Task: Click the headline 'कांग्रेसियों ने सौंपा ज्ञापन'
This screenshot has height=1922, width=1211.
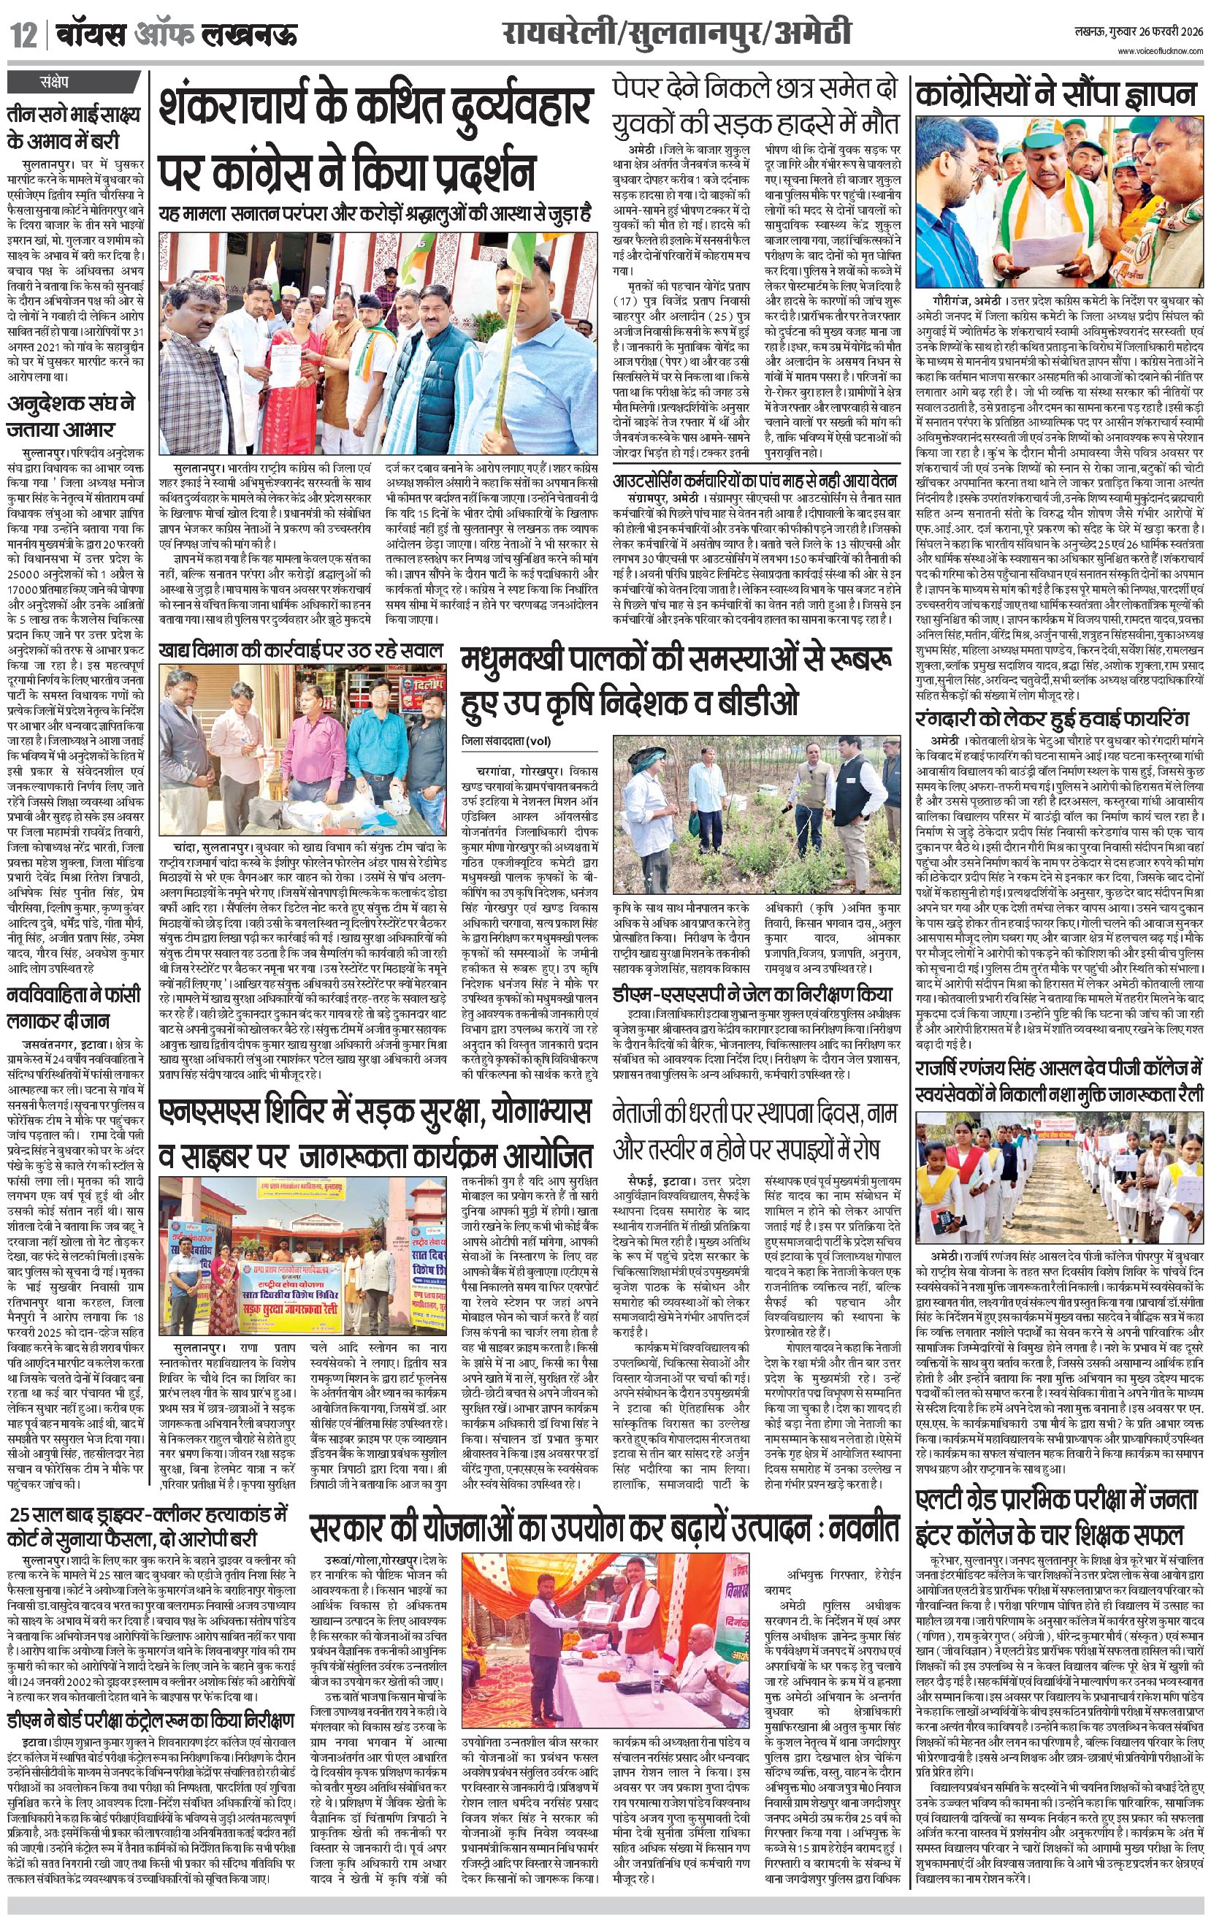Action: point(1056,95)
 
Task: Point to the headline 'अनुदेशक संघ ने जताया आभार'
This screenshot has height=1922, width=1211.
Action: point(72,415)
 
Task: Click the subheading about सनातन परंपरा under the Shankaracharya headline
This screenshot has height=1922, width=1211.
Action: point(375,216)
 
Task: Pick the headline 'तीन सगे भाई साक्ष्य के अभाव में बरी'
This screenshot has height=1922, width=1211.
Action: point(74,128)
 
